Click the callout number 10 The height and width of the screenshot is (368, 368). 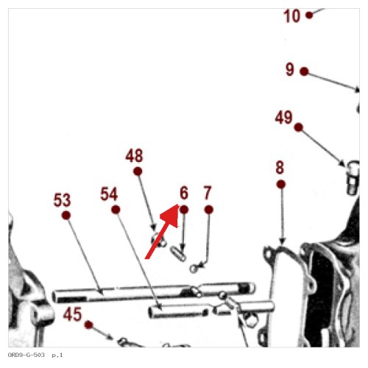pos(291,16)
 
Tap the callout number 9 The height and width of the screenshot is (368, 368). pos(290,69)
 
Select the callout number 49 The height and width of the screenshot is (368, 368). pos(283,117)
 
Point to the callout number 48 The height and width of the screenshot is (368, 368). pos(134,155)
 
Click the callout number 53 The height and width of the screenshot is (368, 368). pos(62,200)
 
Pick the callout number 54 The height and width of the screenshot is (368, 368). pos(109,194)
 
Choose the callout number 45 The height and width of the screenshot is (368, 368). pos(72,314)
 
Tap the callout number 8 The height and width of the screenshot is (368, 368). pos(280,168)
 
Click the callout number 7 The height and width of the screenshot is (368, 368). pos(208,193)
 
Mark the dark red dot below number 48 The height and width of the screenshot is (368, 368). pos(138,171)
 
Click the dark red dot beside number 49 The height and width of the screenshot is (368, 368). pos(299,127)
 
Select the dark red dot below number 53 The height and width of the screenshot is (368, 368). pos(66,216)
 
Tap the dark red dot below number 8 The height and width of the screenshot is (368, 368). pos(281,184)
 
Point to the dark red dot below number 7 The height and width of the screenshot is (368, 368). pos(209,210)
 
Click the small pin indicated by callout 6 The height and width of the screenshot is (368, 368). pos(178,254)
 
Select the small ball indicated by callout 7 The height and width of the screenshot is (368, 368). pos(194,269)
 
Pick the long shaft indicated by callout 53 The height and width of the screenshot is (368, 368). pos(154,292)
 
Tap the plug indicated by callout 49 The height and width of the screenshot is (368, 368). pos(353,177)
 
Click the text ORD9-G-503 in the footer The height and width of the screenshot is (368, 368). pos(26,355)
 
